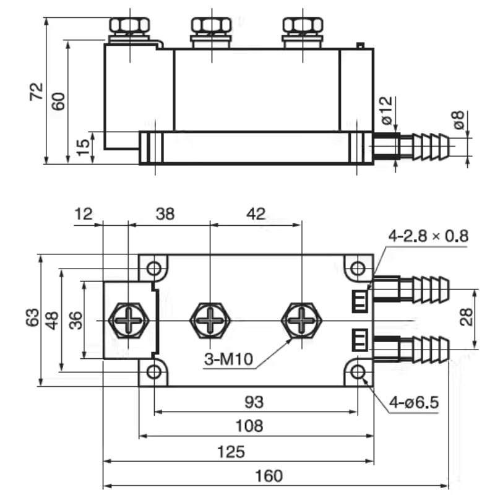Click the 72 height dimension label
(x=37, y=91)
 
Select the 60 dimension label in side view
(x=58, y=101)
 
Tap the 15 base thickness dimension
(x=82, y=147)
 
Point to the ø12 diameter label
(x=386, y=110)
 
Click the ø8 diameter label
(x=458, y=119)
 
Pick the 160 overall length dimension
(x=268, y=476)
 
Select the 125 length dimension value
(x=231, y=451)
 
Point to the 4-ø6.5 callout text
(x=413, y=403)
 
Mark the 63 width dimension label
(x=30, y=319)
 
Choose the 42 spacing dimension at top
(x=256, y=214)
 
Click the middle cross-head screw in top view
(x=210, y=321)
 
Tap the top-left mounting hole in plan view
(x=153, y=269)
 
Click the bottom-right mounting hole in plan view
(x=358, y=371)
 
